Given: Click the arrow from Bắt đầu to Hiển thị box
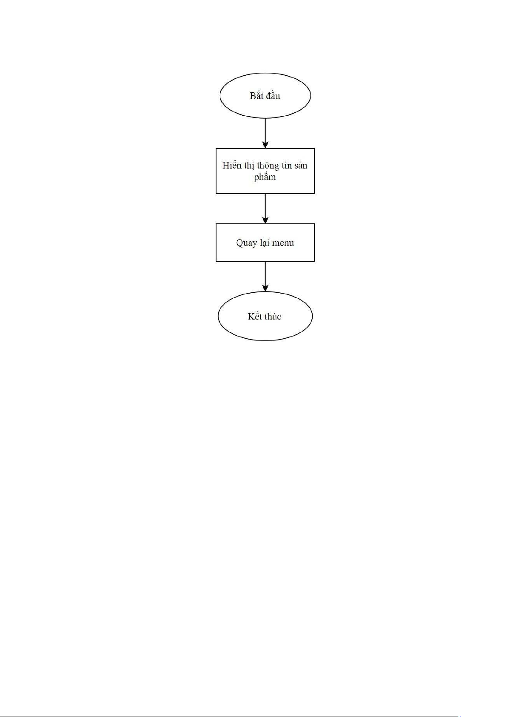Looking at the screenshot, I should coord(265,133).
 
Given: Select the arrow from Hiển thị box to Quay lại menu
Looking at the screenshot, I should coord(265,208).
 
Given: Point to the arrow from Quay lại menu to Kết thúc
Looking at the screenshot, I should coord(265,276).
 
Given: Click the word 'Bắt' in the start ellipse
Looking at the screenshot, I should coord(256,96).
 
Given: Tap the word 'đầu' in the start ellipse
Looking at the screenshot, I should coord(273,96).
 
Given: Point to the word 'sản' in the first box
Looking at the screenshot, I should coord(301,166).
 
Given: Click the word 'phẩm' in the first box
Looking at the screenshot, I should coord(265,177).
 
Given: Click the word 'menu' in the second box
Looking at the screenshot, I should coord(283,243).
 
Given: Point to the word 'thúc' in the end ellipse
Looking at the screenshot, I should coord(273,316).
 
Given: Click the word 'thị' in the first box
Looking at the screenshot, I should coord(249,166).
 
